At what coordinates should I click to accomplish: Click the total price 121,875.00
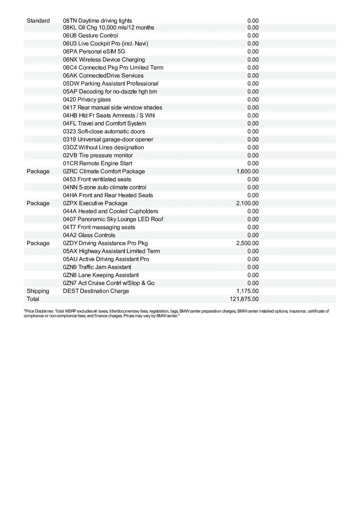tap(244, 299)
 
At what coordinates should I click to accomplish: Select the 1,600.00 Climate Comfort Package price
tap(247, 172)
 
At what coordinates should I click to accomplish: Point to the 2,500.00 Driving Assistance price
tap(247, 243)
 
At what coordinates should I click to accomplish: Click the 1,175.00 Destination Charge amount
tap(247, 291)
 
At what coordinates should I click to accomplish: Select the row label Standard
tap(38, 21)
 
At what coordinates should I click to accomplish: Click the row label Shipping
tap(38, 291)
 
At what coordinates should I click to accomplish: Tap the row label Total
tap(33, 299)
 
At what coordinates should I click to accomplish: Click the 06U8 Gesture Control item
tap(90, 36)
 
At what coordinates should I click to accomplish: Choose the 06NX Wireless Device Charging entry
tap(104, 60)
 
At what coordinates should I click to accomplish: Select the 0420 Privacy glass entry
tap(87, 100)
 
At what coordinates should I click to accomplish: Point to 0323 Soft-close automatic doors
tap(104, 131)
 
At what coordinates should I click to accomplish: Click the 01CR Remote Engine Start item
tap(98, 163)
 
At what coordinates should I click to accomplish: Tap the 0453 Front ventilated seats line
tap(97, 179)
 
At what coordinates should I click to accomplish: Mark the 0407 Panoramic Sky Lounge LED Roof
tap(113, 219)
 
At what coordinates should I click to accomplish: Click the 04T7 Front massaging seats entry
tap(99, 227)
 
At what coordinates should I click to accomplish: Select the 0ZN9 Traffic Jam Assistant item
tap(97, 267)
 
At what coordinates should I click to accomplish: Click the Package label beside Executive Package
tap(38, 203)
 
